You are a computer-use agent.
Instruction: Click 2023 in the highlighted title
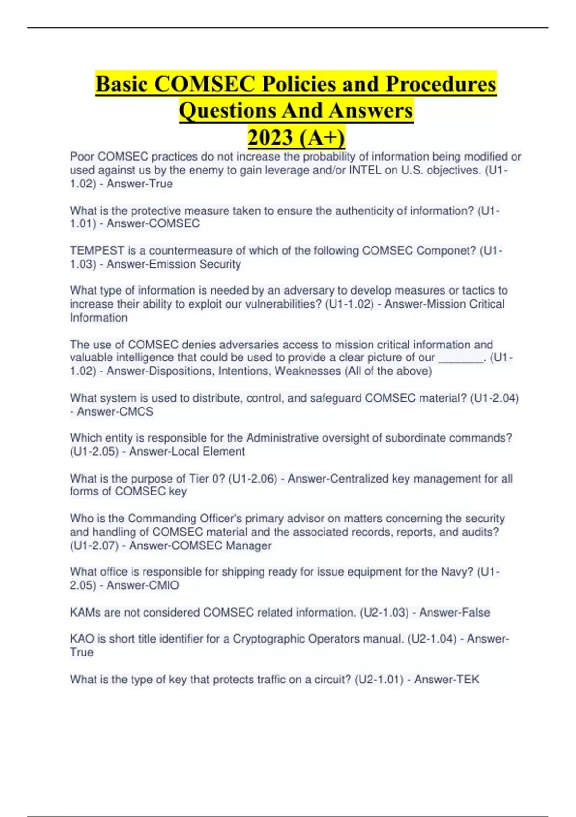click(270, 137)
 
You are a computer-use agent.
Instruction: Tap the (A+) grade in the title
click(322, 137)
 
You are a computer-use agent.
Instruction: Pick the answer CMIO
click(164, 585)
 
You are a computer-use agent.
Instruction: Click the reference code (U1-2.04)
click(494, 398)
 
